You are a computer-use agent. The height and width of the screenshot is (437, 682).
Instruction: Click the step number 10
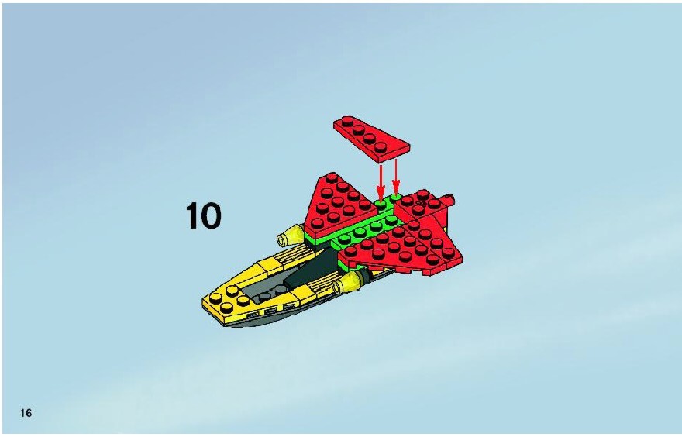click(x=204, y=215)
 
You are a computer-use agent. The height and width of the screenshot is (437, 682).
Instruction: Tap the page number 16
click(x=26, y=413)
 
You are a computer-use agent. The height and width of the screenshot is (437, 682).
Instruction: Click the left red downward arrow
click(x=381, y=182)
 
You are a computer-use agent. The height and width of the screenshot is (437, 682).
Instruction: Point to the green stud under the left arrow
click(x=381, y=204)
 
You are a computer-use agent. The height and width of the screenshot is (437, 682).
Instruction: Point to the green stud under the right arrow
click(x=396, y=198)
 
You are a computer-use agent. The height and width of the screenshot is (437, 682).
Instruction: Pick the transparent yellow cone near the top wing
click(x=290, y=236)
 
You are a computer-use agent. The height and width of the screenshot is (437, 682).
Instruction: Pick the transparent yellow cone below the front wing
click(x=348, y=283)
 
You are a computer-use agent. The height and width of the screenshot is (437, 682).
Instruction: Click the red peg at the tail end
click(x=449, y=201)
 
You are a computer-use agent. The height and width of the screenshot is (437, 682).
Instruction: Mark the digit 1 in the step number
click(x=192, y=215)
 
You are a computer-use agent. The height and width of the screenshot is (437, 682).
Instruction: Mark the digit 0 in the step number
click(x=212, y=216)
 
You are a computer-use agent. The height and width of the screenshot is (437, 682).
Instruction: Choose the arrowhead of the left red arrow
click(x=381, y=194)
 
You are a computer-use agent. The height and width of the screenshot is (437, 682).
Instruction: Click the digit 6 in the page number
click(x=29, y=413)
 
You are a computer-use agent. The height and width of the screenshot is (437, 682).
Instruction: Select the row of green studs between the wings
click(x=367, y=229)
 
